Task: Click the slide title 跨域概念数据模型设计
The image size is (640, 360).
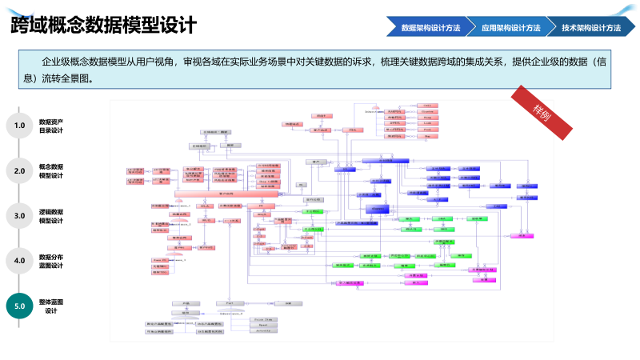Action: (x=103, y=26)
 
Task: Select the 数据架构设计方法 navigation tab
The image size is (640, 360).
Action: (x=430, y=27)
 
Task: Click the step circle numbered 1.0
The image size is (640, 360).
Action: (x=20, y=126)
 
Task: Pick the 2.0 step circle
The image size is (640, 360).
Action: (x=20, y=170)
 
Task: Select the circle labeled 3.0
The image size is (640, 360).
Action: (x=20, y=215)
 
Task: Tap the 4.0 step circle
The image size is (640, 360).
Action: (x=20, y=260)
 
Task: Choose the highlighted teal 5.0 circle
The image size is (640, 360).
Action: (x=20, y=306)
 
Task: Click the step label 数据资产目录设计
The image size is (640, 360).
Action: (x=51, y=126)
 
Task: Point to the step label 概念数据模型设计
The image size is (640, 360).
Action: (x=51, y=170)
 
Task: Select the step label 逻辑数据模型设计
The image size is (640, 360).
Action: (x=51, y=215)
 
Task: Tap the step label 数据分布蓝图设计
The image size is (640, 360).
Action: (x=51, y=260)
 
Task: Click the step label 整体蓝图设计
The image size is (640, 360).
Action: (x=51, y=306)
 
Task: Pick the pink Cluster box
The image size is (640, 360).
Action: (x=427, y=111)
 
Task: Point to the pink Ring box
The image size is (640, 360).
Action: (x=427, y=117)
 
